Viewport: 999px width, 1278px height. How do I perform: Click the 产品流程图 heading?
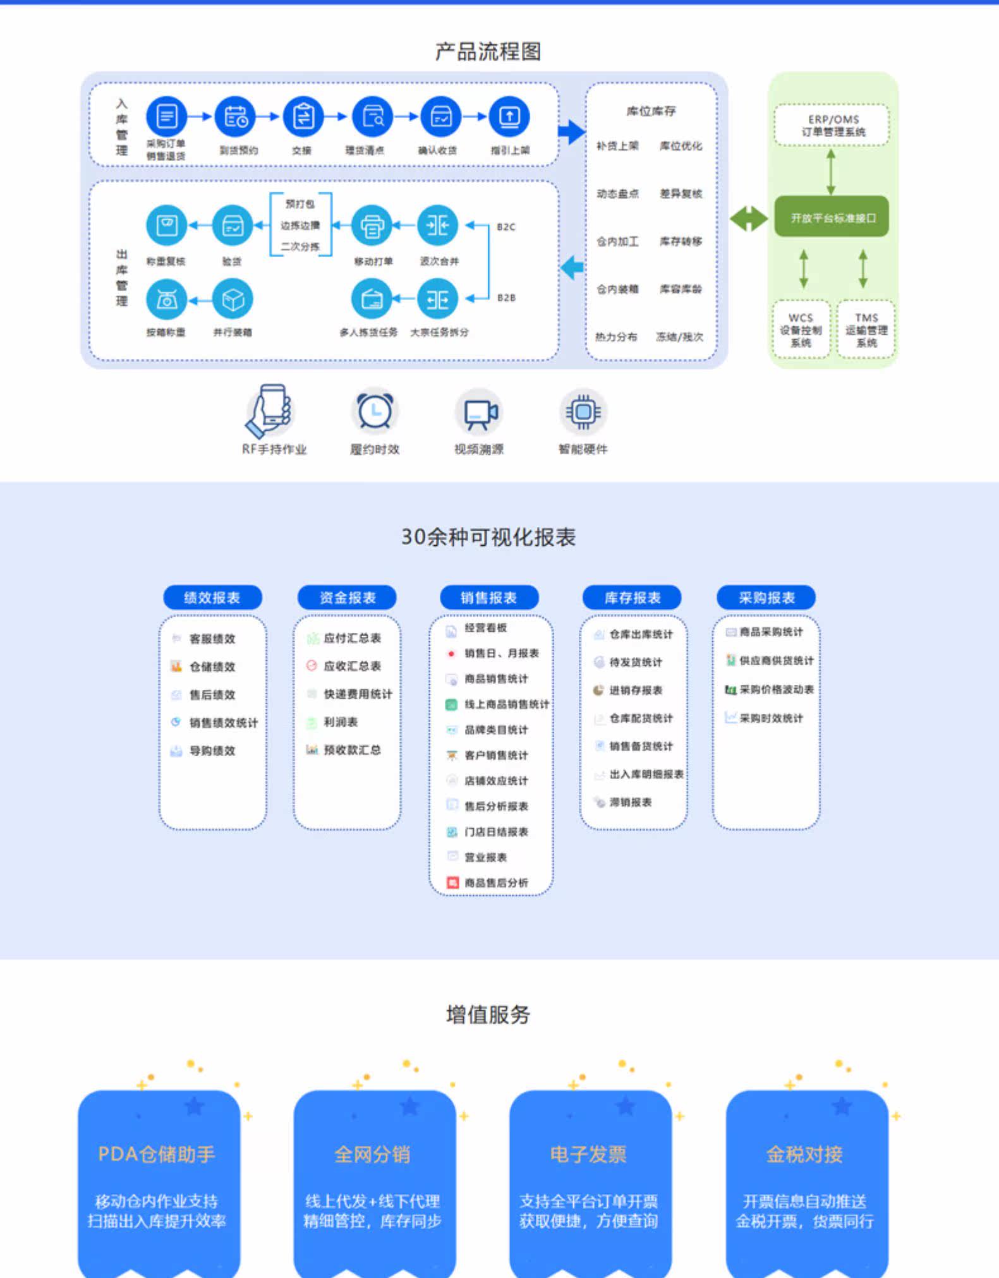488,52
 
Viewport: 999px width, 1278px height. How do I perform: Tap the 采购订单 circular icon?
167,117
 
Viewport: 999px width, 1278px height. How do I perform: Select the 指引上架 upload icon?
509,117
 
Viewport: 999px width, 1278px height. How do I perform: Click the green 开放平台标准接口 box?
832,217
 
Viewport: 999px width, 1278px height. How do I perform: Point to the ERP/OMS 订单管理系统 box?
832,125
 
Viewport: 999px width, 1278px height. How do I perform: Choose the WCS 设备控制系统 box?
801,330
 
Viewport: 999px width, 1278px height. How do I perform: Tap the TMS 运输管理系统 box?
866,330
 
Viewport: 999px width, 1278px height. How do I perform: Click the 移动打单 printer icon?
372,226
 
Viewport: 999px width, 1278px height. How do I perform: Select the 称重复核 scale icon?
167,226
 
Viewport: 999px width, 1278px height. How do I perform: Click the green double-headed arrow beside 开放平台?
749,219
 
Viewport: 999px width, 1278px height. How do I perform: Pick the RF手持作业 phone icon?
270,411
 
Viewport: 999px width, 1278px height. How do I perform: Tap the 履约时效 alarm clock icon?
375,411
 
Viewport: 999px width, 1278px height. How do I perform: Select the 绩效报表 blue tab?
212,598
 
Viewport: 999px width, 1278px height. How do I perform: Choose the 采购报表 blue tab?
766,598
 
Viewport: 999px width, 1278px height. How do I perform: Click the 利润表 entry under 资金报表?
341,722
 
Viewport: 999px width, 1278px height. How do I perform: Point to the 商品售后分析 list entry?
496,883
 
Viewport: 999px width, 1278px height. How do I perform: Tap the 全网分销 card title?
373,1154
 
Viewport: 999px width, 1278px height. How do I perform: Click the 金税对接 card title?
804,1154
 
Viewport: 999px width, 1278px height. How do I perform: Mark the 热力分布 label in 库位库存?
616,337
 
